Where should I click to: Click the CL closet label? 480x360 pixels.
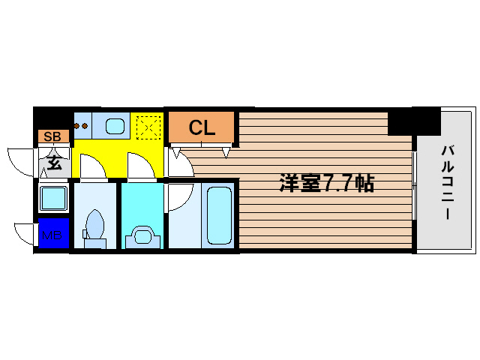pos(202,127)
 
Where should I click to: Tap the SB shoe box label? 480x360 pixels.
pos(52,136)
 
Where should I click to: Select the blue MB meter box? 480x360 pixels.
pos(52,235)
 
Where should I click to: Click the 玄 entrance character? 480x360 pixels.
pos(55,159)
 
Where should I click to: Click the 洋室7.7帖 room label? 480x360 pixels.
pos(327,183)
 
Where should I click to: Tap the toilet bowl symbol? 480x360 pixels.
pos(95,225)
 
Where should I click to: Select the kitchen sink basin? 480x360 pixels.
pos(115,127)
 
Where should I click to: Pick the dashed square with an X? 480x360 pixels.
pos(148,127)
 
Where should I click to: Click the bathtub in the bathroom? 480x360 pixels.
pos(218,213)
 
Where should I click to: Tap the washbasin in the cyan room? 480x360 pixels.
pos(142,235)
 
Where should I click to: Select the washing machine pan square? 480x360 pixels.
pos(54,199)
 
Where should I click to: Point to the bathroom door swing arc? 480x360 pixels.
pos(178,196)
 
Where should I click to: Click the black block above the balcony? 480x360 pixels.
pos(414,120)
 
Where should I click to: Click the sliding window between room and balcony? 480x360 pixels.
pos(414,184)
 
